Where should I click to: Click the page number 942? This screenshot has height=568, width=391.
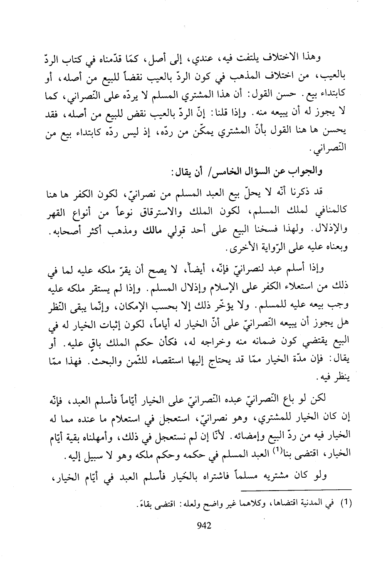pos(204,526)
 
